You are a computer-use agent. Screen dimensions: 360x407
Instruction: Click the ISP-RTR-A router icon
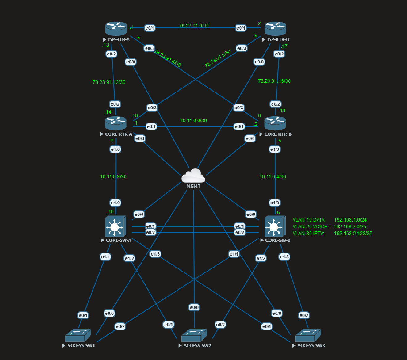116,29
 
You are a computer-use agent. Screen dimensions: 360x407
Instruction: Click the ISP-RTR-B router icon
275,29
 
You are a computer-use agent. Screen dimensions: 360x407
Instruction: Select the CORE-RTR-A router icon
116,123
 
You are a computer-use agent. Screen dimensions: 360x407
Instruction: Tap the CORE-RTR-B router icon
275,123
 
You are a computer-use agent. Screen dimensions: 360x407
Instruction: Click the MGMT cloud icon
193,176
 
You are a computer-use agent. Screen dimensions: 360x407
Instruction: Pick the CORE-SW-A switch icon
116,227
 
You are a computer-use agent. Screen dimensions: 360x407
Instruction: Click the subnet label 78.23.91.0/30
194,26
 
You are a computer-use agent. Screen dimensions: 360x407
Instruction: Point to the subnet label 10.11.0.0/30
194,121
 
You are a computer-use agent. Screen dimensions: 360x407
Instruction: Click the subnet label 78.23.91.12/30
109,82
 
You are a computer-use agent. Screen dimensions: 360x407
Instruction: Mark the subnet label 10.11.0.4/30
273,177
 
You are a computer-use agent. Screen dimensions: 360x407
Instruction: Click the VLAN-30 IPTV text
308,233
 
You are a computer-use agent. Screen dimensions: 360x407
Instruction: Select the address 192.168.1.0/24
350,220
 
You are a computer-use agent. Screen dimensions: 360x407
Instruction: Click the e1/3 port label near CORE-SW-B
284,256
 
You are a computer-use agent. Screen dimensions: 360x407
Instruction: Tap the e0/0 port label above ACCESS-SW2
194,307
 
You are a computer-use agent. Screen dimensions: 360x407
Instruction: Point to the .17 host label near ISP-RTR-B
284,46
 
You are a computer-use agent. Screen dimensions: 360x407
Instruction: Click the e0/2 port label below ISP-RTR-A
111,54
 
